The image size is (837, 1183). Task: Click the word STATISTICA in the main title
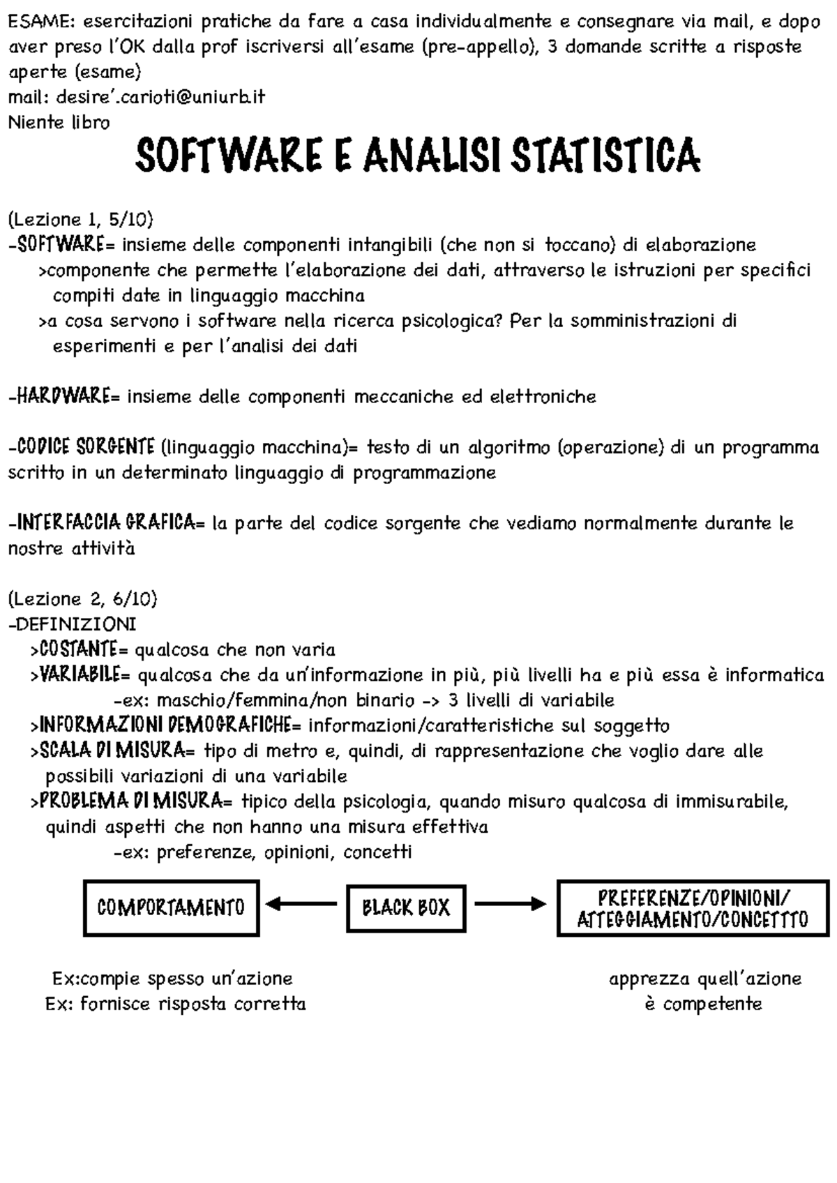coord(605,156)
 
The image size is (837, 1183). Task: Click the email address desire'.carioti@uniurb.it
coord(136,97)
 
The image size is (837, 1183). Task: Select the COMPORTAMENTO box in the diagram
coord(172,907)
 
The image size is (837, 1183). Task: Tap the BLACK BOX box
coord(406,907)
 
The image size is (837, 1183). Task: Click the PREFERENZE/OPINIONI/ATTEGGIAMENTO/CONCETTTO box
coord(693,907)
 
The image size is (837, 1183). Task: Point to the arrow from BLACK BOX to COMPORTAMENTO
coord(301,905)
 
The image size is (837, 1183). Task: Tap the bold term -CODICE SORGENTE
coord(82,446)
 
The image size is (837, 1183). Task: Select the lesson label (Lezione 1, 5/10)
coord(80,220)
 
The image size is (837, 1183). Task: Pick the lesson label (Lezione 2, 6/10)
coord(82,598)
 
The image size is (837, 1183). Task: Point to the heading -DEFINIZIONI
coord(72,623)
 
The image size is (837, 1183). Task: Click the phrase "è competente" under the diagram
coord(703,1004)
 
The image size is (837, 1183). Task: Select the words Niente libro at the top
coord(59,123)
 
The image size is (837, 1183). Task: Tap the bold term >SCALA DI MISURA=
coord(114,751)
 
